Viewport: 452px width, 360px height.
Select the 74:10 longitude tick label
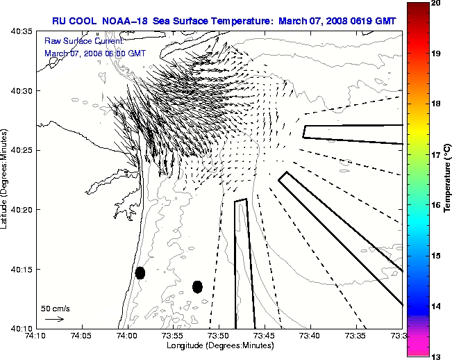point(35,336)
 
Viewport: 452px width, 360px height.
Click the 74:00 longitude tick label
point(127,336)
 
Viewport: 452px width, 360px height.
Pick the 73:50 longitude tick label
point(219,336)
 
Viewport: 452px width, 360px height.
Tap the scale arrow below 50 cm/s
point(54,319)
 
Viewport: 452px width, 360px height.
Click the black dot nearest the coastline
point(140,272)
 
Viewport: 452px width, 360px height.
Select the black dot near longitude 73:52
point(197,286)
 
